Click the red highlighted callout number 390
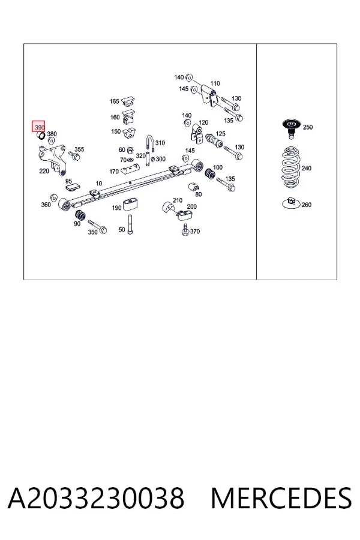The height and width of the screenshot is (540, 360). (39, 127)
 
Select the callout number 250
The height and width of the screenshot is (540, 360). (308, 127)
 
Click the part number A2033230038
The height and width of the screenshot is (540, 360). (96, 498)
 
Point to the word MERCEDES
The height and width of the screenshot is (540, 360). (281, 498)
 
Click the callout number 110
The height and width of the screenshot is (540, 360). (215, 83)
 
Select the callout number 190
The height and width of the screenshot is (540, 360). (116, 208)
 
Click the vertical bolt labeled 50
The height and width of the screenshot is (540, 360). (130, 224)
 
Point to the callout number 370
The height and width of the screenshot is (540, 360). (195, 231)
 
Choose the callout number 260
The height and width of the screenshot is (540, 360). (306, 205)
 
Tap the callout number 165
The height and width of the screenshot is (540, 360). (115, 101)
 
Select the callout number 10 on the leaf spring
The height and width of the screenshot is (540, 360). (99, 183)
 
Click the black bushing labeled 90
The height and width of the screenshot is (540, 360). (80, 215)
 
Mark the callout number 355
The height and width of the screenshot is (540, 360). (79, 149)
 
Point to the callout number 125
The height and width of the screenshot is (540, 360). (220, 134)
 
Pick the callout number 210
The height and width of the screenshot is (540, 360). (178, 200)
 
